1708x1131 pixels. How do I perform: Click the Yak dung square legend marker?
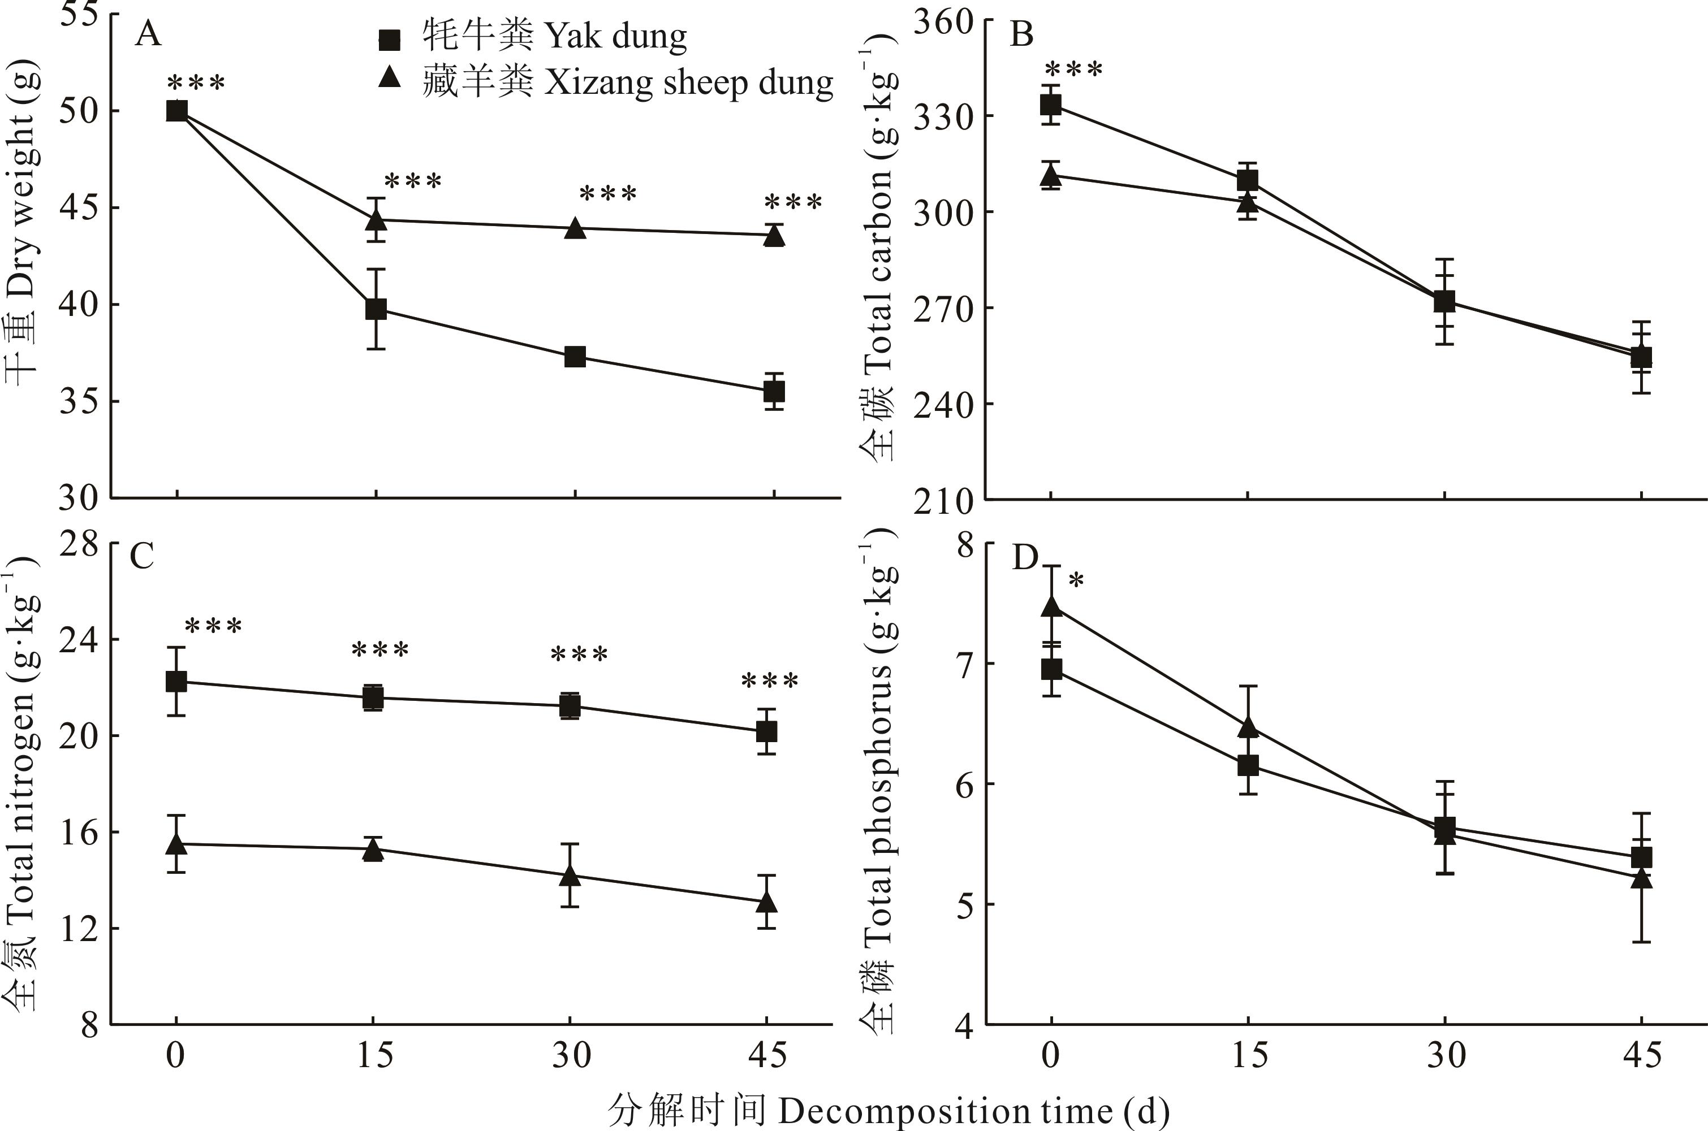tap(390, 40)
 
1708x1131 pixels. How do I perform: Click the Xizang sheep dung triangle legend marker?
tap(390, 77)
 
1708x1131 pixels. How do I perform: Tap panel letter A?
tap(148, 34)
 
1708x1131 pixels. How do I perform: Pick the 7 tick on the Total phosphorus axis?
tap(965, 664)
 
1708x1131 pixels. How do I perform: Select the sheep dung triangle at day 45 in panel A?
tap(774, 235)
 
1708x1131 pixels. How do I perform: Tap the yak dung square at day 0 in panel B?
tap(1051, 105)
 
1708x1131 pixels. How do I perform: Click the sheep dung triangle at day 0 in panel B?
tap(1051, 174)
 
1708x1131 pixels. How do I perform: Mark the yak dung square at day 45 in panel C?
tap(766, 731)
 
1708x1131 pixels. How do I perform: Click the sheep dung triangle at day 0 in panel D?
tap(1051, 606)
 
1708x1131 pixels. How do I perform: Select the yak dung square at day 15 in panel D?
tap(1248, 765)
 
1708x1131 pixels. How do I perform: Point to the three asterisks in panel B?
tap(1074, 70)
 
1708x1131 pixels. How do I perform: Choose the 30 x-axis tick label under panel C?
tap(571, 1056)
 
